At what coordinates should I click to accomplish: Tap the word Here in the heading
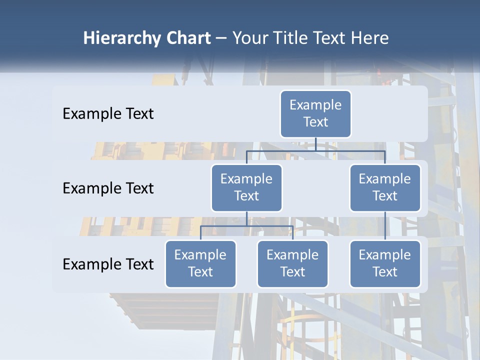pyautogui.click(x=369, y=38)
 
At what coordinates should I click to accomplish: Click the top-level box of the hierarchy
pyautogui.click(x=315, y=114)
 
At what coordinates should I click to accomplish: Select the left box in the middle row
pyautogui.click(x=246, y=187)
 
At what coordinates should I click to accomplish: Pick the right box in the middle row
pyautogui.click(x=385, y=187)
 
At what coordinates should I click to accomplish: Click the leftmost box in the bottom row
pyautogui.click(x=200, y=263)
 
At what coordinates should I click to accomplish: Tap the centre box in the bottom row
pyautogui.click(x=292, y=263)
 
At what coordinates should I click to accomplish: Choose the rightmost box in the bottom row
pyautogui.click(x=385, y=263)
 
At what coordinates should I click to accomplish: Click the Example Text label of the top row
pyautogui.click(x=108, y=114)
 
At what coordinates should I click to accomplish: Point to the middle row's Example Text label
pyautogui.click(x=108, y=188)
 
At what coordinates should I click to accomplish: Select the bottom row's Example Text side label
pyautogui.click(x=108, y=264)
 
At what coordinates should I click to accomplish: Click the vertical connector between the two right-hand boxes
pyautogui.click(x=385, y=226)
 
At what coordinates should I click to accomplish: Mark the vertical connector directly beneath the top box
pyautogui.click(x=315, y=144)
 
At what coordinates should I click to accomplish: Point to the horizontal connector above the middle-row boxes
pyautogui.click(x=315, y=150)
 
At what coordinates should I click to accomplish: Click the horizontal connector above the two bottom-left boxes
pyautogui.click(x=246, y=226)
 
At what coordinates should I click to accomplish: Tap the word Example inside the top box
pyautogui.click(x=315, y=105)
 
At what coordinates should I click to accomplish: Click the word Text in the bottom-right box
pyautogui.click(x=385, y=272)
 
